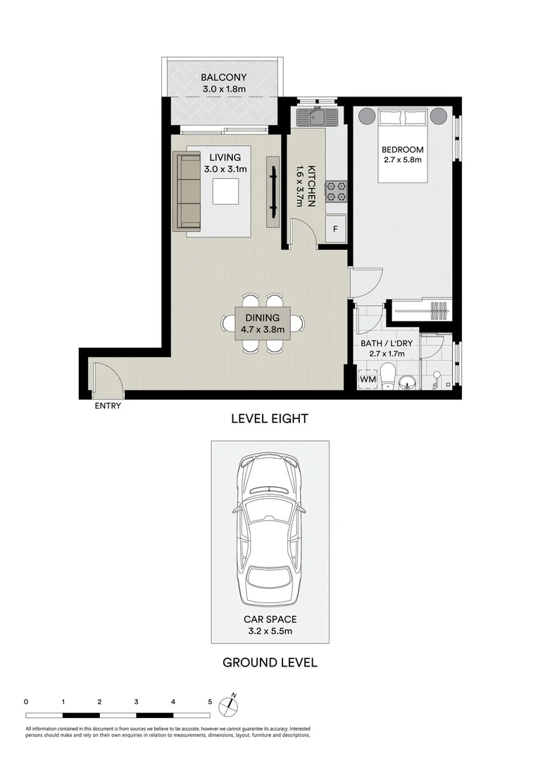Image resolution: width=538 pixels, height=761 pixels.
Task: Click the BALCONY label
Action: (x=223, y=78)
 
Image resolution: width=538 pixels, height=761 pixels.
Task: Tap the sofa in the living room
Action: (x=188, y=191)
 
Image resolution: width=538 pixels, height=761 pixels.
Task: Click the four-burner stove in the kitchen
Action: (x=335, y=190)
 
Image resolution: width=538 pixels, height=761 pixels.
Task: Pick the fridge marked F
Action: (x=335, y=229)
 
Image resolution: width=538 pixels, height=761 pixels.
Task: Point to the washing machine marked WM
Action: (x=367, y=380)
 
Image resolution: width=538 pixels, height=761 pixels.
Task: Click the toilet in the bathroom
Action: (x=388, y=375)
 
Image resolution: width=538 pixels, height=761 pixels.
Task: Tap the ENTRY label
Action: (x=108, y=406)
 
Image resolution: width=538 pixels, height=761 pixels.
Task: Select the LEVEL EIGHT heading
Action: (x=270, y=419)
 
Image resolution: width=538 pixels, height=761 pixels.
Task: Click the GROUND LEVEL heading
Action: (x=270, y=662)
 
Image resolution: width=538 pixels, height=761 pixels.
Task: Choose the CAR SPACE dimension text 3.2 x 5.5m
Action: (x=270, y=631)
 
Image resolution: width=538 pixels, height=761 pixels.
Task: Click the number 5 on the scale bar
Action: (x=209, y=702)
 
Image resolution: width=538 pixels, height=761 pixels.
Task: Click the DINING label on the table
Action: (x=262, y=318)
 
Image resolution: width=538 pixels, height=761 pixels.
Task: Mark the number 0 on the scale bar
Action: (x=26, y=702)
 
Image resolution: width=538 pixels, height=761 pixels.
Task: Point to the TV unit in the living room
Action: (x=272, y=190)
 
